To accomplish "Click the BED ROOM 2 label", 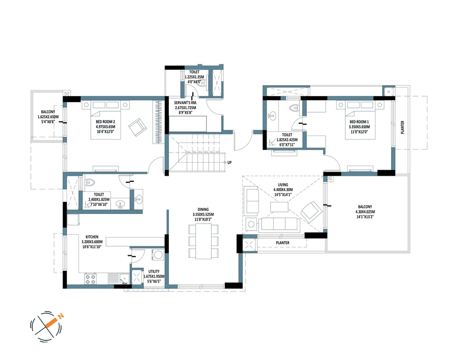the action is point(105,121).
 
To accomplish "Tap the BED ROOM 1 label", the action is point(359,121).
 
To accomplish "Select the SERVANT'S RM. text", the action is point(185,103).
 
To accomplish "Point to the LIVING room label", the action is point(283,185).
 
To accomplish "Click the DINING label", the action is point(203,209).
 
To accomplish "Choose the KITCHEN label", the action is point(92,237).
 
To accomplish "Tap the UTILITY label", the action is point(154,271).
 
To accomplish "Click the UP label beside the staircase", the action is point(229,162).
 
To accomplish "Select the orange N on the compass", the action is point(60,316).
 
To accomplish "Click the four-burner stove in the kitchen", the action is point(91,279).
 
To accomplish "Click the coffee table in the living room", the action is point(279,206).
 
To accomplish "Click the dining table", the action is point(204,241).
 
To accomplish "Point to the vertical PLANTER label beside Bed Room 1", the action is point(403,127).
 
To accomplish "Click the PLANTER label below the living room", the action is point(283,243).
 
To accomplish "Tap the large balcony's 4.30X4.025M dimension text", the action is point(365,212).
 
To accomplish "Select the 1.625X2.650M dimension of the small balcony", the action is point(48,117).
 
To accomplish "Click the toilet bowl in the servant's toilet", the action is point(203,83).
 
